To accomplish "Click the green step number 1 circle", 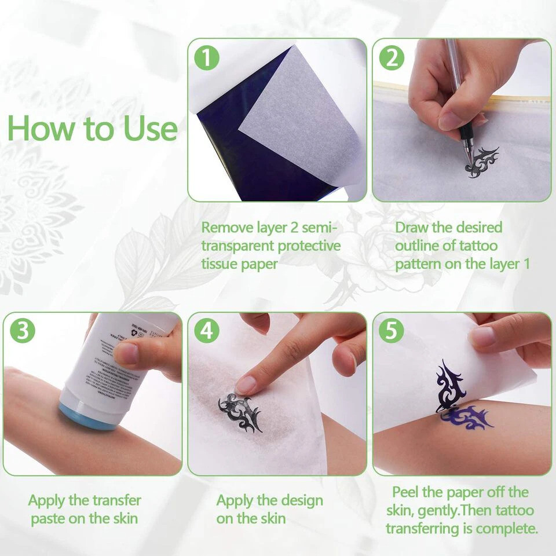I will (207, 58).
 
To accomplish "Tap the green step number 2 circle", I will (392, 58).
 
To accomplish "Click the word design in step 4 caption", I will (297, 500).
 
